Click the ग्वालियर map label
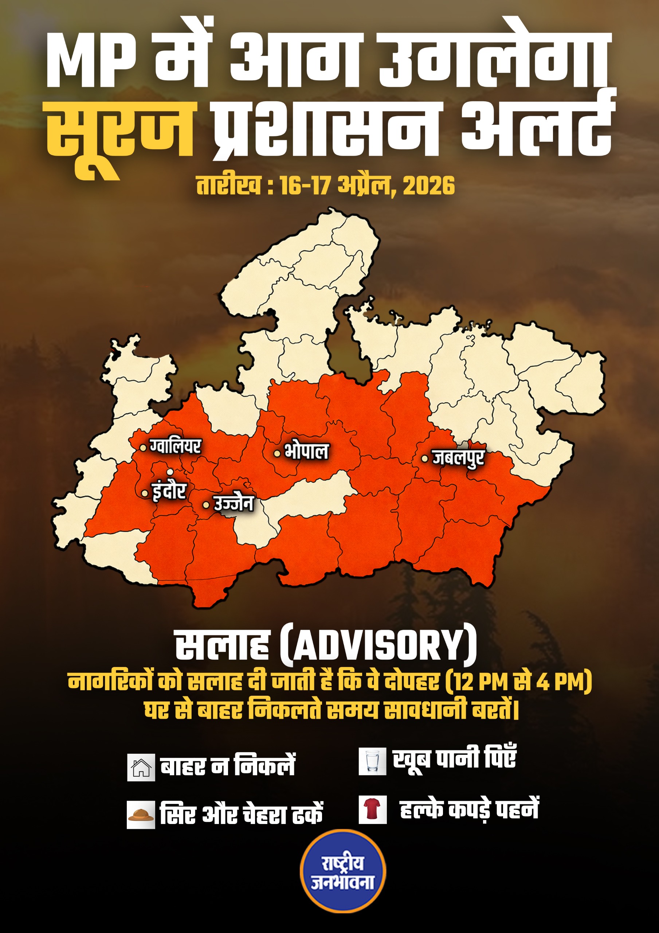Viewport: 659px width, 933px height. pos(175,446)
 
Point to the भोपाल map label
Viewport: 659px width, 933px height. pos(306,452)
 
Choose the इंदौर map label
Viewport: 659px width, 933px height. pos(169,491)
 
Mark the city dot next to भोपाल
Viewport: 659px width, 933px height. pos(277,453)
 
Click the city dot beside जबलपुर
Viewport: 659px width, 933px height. pos(424,459)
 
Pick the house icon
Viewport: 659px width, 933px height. pos(141,767)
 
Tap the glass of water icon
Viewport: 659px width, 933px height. pos(372,761)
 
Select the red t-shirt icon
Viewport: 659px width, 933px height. pos(372,810)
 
